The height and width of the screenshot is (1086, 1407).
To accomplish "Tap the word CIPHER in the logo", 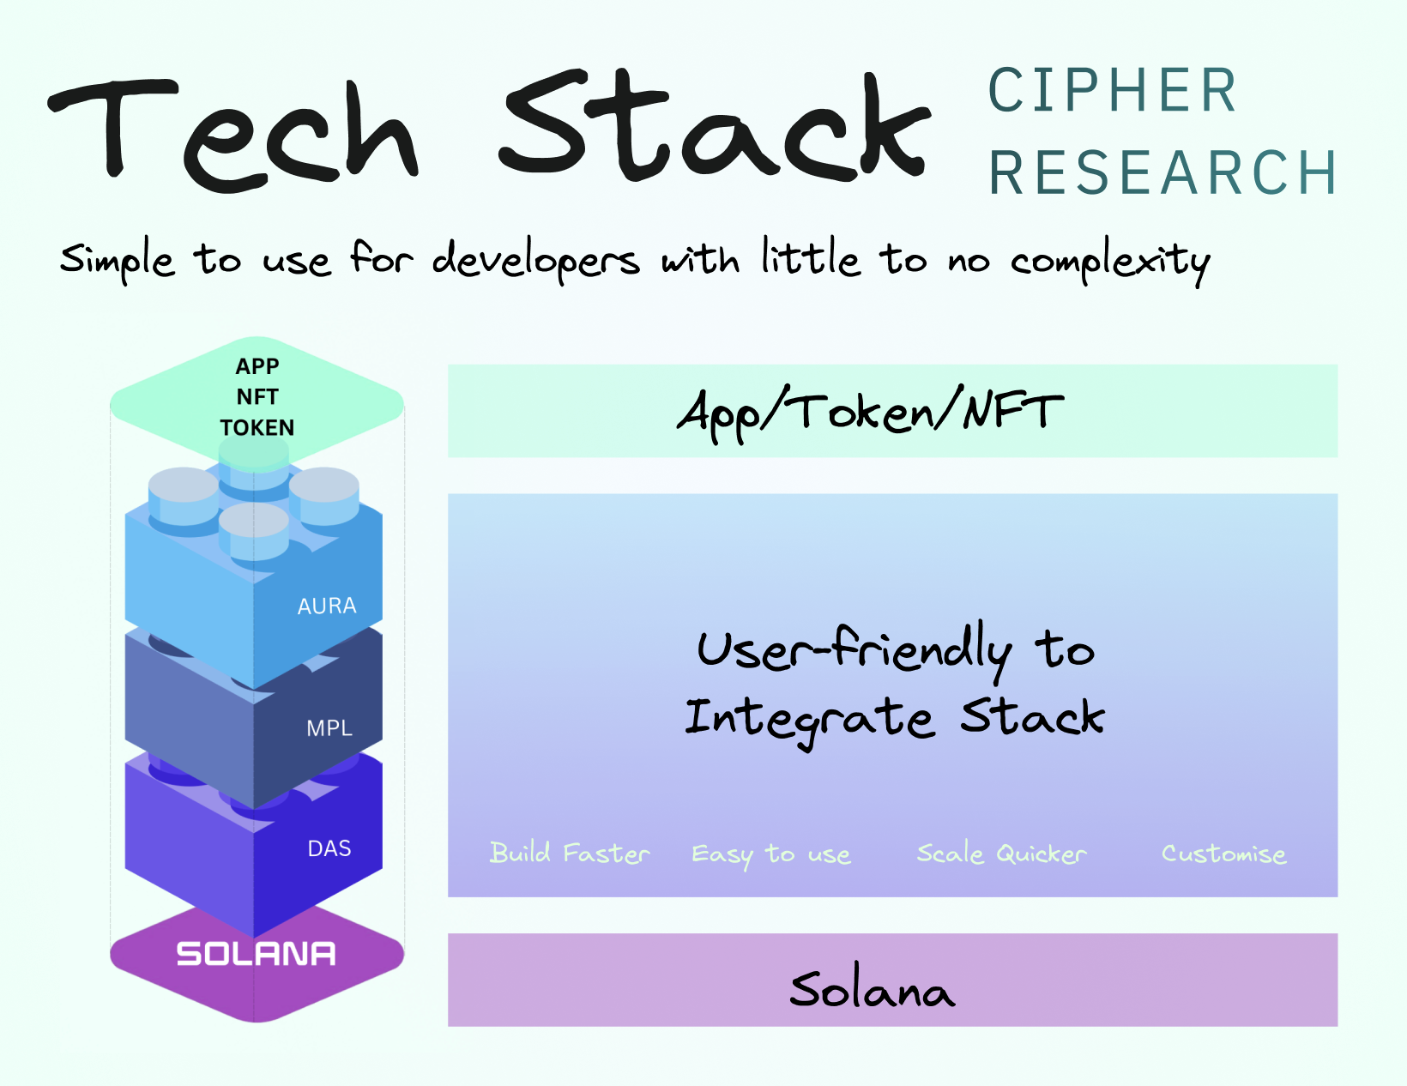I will tap(1113, 91).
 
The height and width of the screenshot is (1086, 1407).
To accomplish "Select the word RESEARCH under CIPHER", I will tap(1162, 173).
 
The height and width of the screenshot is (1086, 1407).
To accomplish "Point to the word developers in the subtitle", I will tap(535, 260).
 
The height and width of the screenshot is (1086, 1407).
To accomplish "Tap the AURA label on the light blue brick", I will tap(326, 606).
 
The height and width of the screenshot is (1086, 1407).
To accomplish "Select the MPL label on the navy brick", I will tap(329, 728).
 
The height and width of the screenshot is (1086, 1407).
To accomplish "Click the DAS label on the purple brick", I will tap(329, 848).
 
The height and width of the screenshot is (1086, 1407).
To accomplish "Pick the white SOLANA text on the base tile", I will tap(256, 954).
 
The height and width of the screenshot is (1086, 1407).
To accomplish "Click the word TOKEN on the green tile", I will tap(257, 427).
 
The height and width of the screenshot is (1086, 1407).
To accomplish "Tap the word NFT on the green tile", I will tap(257, 396).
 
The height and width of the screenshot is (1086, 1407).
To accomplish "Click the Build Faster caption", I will tap(569, 854).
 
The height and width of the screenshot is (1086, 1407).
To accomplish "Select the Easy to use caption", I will tap(770, 854).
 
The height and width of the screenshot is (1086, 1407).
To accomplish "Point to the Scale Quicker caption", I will tap(1001, 854).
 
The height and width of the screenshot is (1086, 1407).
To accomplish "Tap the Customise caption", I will tap(1223, 854).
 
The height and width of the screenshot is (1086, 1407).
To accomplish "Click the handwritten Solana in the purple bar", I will tap(871, 990).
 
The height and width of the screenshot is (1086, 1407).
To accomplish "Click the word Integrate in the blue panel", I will tap(809, 719).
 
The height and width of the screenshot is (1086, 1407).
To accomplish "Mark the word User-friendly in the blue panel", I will tap(854, 649).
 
